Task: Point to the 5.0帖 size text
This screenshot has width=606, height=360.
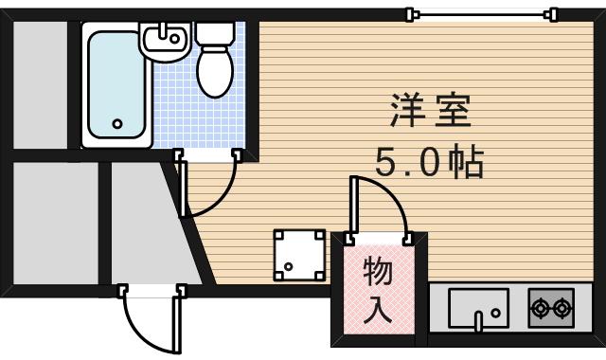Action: coord(429,164)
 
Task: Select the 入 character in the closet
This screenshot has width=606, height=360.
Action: coord(378,308)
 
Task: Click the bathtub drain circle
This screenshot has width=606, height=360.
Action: coord(117,123)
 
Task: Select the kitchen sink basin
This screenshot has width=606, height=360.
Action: coord(478,307)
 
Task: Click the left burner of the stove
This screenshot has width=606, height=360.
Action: coord(540,307)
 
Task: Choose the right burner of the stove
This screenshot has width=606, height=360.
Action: coord(562,307)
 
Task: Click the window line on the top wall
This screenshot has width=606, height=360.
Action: coord(481,13)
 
